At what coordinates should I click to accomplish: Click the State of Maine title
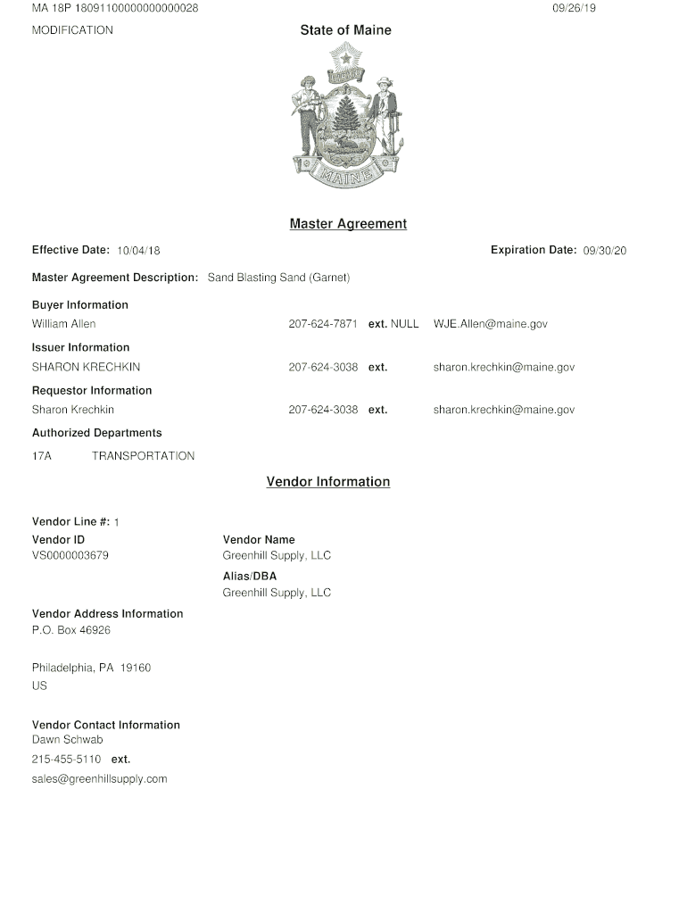point(345,30)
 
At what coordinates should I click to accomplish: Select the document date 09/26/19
point(574,8)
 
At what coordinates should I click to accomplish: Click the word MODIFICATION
point(72,30)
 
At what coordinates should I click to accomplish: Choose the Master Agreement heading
point(348,224)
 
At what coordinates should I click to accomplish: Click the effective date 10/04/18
point(138,251)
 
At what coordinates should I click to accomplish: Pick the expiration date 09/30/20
point(605,251)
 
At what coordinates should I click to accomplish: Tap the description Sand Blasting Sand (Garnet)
point(278,278)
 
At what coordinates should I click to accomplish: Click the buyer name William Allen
point(64,324)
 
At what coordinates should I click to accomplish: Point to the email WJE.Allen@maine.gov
point(490,324)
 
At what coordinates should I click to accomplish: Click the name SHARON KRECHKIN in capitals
point(86,367)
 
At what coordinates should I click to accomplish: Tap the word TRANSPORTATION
point(143,456)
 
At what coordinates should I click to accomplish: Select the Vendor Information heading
point(328,482)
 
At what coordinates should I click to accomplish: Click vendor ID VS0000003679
point(70,556)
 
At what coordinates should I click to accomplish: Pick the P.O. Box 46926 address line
point(71,630)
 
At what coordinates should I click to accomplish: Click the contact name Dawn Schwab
point(67,740)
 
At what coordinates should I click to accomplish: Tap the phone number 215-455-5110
point(66,760)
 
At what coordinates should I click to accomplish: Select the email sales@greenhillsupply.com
point(100,779)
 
